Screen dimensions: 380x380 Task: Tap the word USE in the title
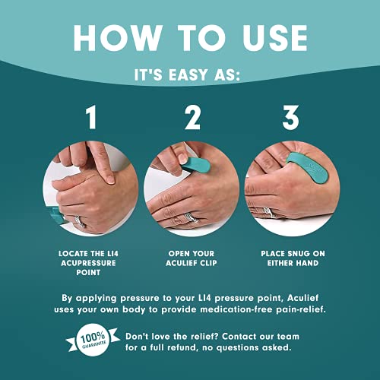tap(275, 38)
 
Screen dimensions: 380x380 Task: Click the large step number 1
tap(91, 117)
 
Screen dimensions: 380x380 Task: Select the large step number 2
tap(192, 117)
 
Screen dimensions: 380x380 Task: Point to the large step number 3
tap(291, 117)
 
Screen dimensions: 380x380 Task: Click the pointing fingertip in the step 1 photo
tap(110, 179)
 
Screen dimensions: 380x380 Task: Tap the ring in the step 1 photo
tap(80, 221)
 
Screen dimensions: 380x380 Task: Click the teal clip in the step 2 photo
tap(197, 165)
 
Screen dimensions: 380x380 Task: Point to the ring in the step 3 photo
tap(268, 212)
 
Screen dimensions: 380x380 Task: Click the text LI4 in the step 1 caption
tap(112, 254)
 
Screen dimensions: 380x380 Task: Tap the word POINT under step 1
tap(88, 273)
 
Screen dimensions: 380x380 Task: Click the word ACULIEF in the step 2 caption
tap(181, 263)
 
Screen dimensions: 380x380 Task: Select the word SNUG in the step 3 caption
tap(296, 254)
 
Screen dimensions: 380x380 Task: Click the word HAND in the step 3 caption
tap(307, 263)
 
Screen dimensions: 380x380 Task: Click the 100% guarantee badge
tap(93, 340)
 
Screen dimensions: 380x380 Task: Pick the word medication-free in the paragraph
tap(236, 309)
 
